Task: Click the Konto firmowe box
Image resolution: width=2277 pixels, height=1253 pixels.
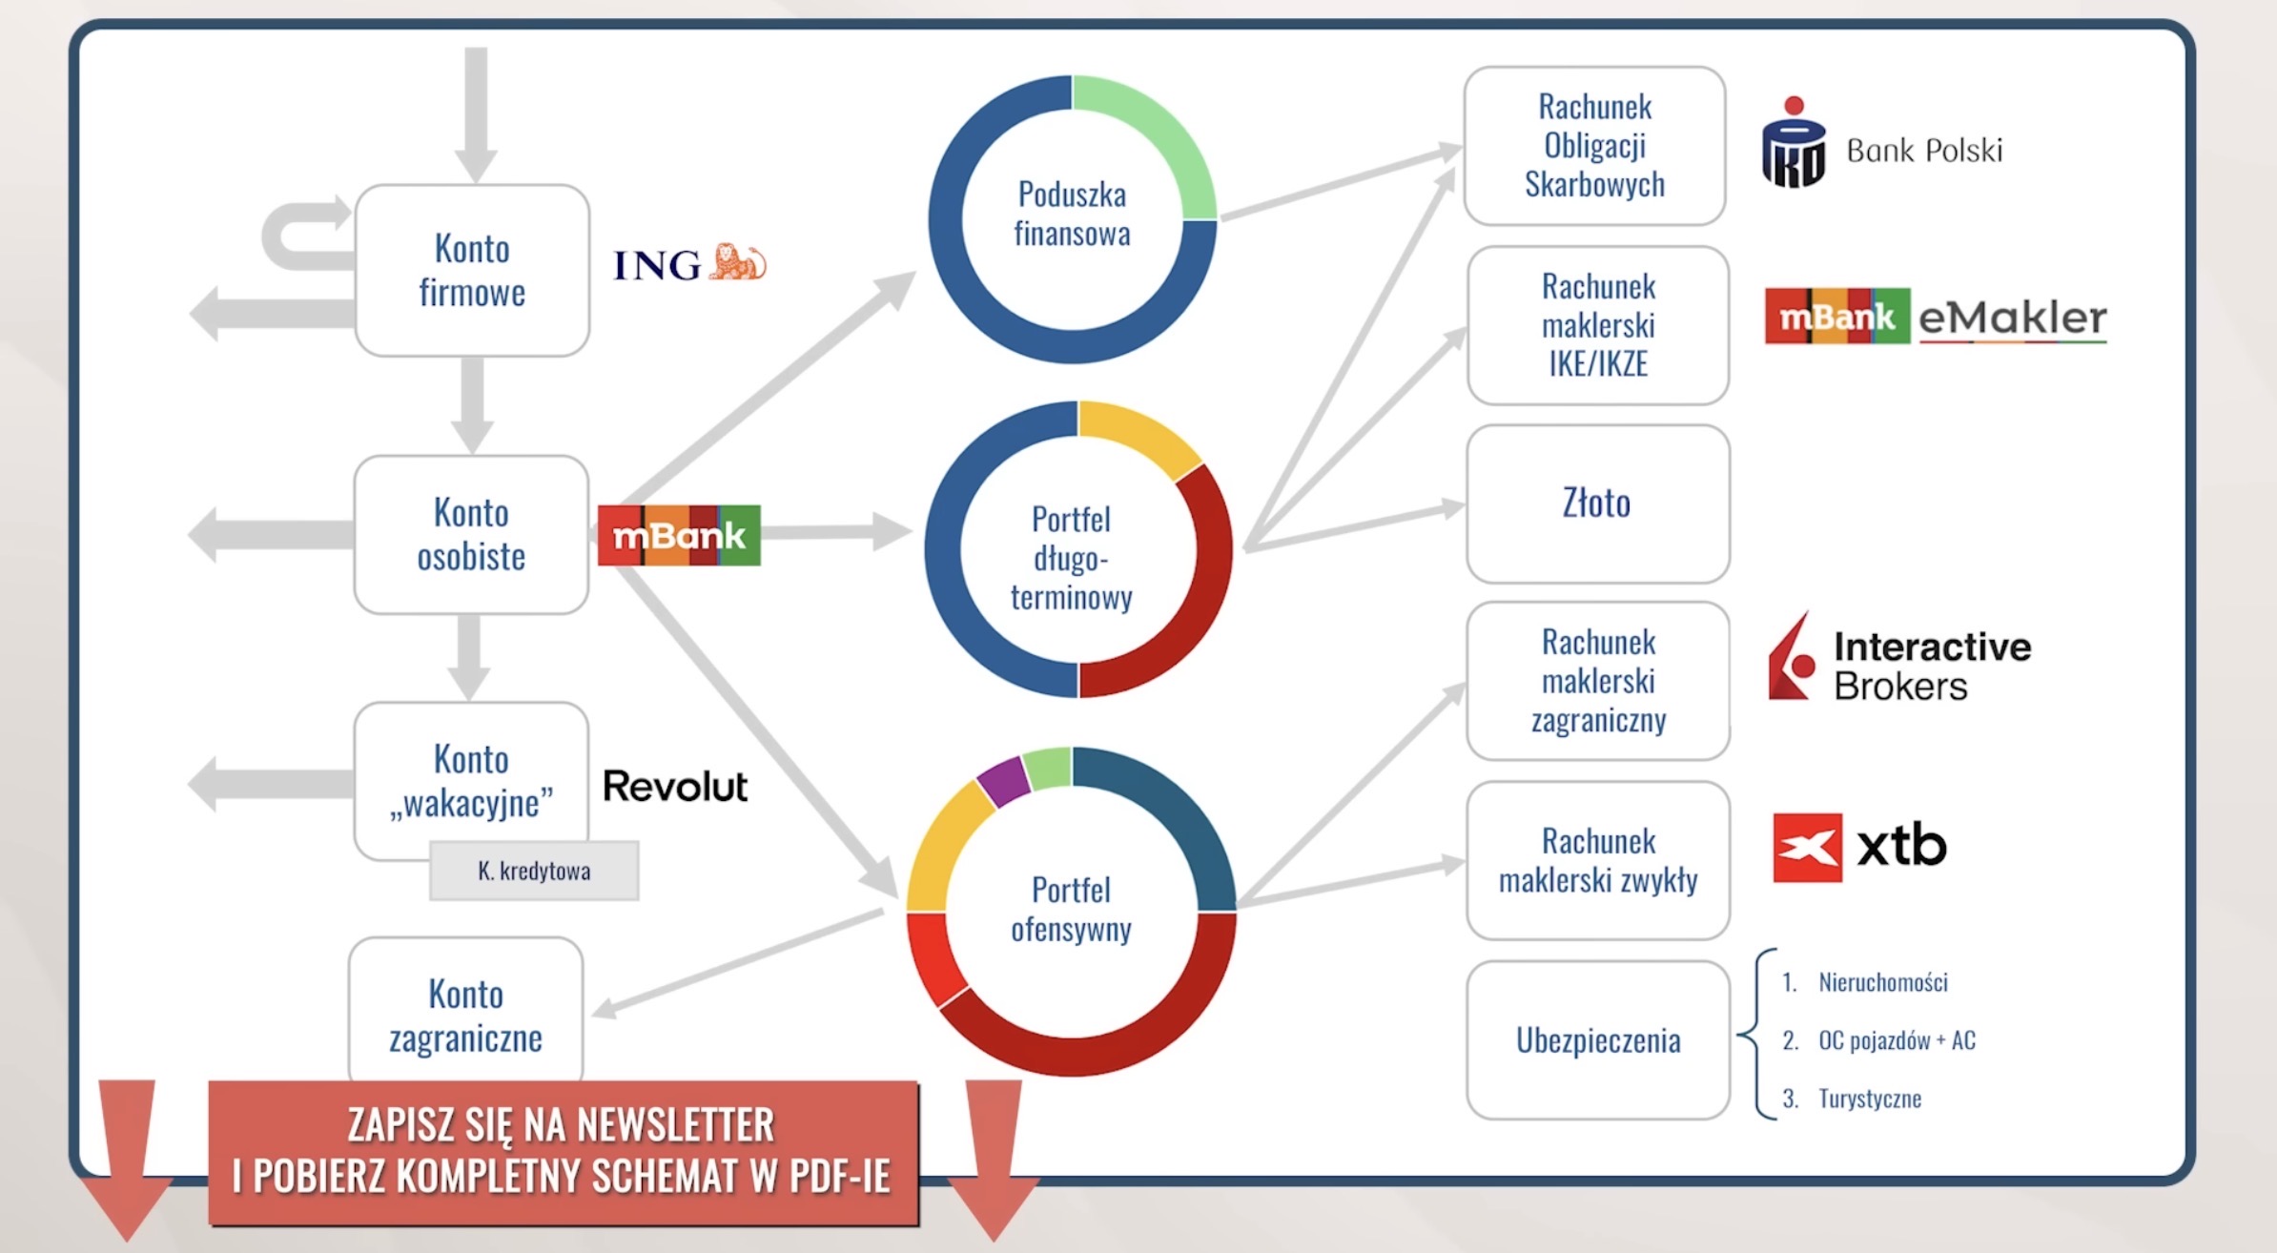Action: coord(472,271)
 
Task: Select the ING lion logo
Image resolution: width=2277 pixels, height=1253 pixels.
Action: coord(737,262)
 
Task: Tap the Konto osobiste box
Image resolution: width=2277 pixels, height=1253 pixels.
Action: coord(471,535)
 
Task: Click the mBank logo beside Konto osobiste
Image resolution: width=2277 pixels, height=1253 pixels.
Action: coord(679,535)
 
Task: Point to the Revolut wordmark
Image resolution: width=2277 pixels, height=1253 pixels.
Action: coord(675,787)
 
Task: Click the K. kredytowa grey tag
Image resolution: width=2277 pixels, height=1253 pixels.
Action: coord(534,871)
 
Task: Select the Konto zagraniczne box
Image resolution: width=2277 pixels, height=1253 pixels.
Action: coord(466,1011)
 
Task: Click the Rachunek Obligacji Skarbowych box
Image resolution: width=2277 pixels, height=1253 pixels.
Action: coord(1595,146)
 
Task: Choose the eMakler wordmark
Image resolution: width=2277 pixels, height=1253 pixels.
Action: coord(2012,318)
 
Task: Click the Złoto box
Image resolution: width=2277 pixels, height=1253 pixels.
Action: coord(1598,503)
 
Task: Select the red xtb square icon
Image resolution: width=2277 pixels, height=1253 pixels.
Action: coord(1808,848)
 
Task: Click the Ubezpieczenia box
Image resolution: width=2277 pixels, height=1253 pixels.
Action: coord(1598,1040)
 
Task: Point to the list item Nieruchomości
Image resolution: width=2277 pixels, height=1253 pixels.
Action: coord(1883,982)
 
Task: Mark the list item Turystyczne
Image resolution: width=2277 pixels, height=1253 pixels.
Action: coord(1870,1099)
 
